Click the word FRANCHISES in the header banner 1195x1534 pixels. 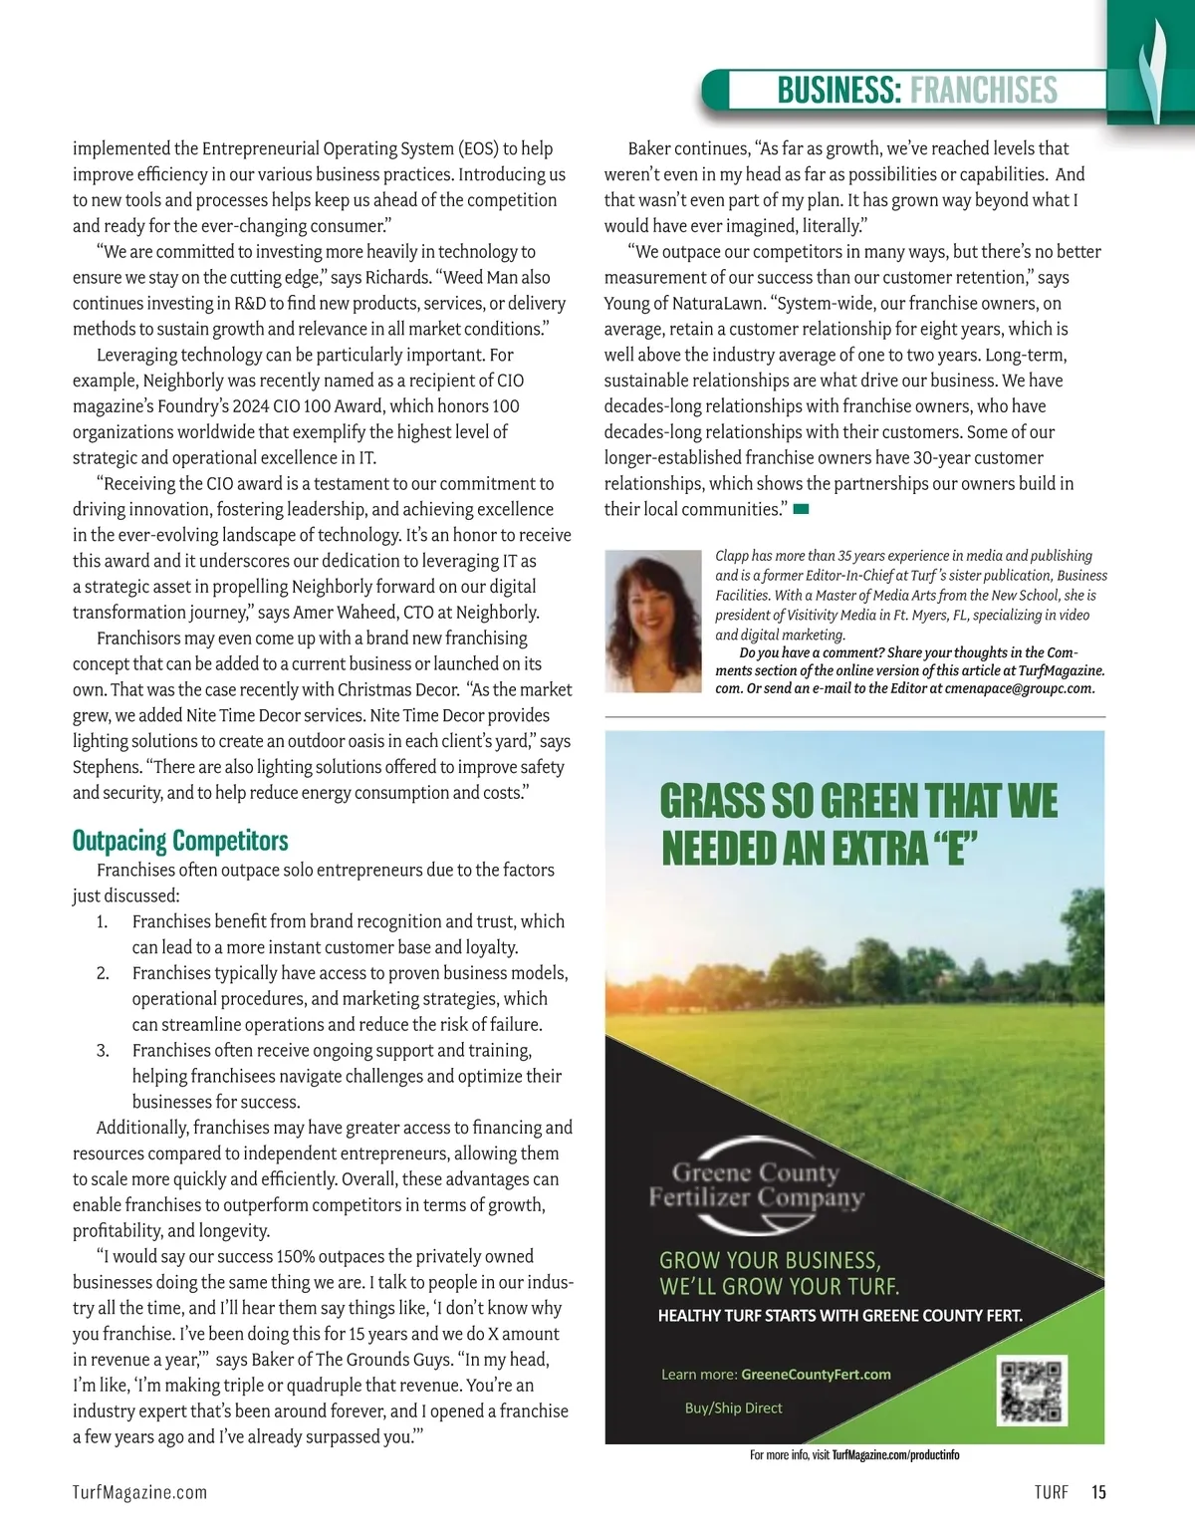(983, 90)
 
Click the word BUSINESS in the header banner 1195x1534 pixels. (838, 90)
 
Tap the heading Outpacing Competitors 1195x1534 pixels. (180, 841)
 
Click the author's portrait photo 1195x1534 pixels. (653, 621)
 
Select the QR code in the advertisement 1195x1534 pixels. (1033, 1390)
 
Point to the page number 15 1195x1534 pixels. (1098, 1492)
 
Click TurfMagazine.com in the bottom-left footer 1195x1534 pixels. (139, 1492)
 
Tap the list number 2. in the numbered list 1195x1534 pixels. (103, 973)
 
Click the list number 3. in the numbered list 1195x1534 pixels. (103, 1051)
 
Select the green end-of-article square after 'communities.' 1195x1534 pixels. (801, 510)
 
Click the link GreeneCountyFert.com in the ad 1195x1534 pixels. (816, 1375)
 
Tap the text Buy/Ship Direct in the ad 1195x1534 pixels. (733, 1408)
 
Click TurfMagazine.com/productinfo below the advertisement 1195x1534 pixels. (895, 1455)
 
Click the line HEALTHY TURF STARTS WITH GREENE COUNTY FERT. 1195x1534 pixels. (839, 1316)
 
